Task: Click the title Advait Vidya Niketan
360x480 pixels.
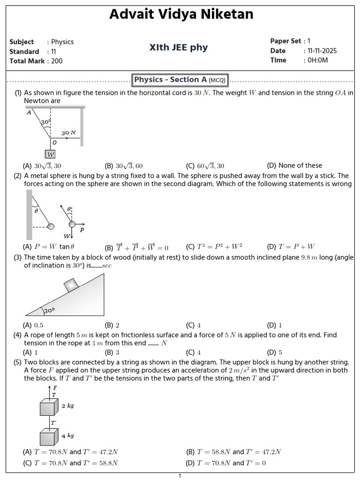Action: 181,15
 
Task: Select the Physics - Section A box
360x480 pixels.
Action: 180,80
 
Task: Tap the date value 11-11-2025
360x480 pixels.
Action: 322,51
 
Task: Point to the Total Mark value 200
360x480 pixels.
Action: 57,61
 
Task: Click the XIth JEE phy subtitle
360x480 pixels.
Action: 178,47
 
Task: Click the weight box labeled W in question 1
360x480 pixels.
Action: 50,154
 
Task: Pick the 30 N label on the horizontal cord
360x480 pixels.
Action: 68,133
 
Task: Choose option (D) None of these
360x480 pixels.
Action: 294,165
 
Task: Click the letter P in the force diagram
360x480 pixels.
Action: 82,230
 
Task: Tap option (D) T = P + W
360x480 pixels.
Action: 291,247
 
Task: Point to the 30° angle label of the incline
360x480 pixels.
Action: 49,310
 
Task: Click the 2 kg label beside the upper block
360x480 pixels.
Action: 68,406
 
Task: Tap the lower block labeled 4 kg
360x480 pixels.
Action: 48,437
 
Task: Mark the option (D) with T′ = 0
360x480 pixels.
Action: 226,463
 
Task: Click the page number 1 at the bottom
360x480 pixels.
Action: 180,476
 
